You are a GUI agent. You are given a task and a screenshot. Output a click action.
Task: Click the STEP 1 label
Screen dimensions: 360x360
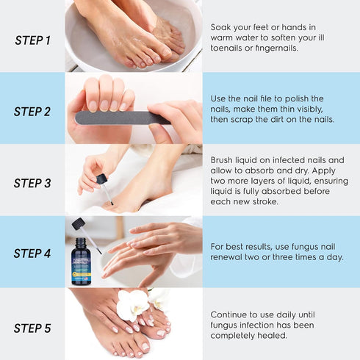click(32, 40)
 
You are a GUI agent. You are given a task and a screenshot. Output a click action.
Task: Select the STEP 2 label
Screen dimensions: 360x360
click(32, 112)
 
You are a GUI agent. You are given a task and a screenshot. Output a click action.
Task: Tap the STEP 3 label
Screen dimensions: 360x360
click(32, 184)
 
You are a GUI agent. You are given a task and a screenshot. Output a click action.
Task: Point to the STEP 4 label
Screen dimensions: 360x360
click(32, 253)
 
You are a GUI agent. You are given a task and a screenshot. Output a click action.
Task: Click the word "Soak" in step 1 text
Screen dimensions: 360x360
click(223, 26)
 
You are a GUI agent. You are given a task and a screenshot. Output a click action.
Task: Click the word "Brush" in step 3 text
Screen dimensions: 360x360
click(224, 159)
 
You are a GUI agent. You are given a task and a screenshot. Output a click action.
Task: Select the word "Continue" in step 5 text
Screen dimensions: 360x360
click(231, 314)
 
